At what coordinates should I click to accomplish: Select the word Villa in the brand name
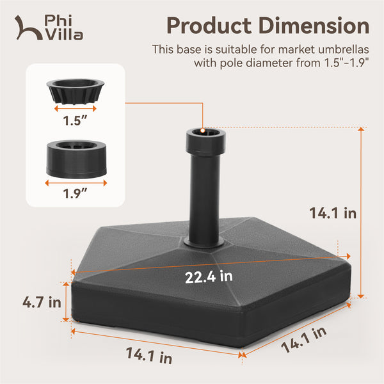point(64,35)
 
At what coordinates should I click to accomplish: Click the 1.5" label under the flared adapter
point(76,120)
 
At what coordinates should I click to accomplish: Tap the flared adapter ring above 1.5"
point(76,90)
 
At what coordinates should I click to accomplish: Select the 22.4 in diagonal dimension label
point(209,276)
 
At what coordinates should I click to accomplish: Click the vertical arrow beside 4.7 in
point(65,301)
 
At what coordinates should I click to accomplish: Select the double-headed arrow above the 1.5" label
point(76,109)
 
